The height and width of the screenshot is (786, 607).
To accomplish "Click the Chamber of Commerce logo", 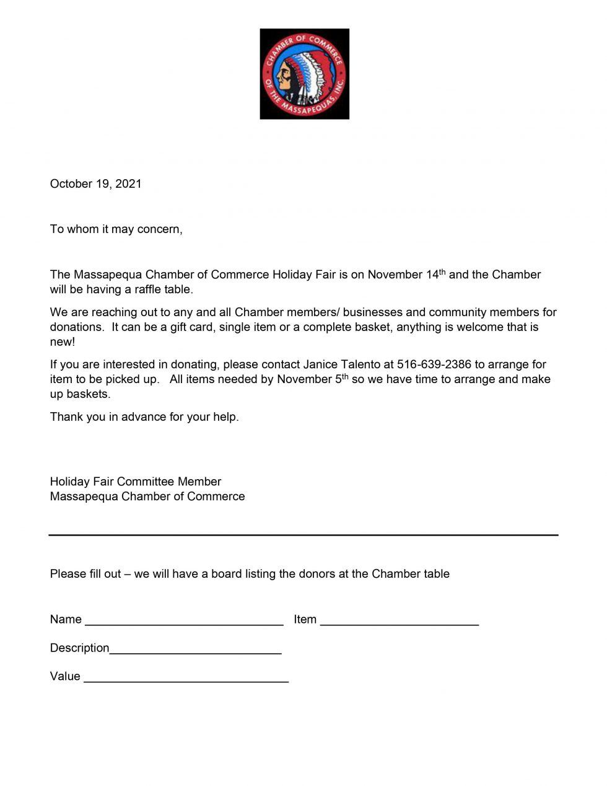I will [304, 74].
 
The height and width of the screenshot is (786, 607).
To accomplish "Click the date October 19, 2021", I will [95, 184].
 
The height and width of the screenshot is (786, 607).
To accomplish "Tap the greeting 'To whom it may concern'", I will [116, 229].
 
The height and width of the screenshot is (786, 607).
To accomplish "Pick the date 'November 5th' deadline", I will [312, 379].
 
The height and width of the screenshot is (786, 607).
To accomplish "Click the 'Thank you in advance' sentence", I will [144, 417].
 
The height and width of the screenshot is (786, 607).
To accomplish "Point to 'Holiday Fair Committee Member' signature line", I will [135, 482].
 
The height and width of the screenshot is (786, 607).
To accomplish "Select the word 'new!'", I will [62, 342].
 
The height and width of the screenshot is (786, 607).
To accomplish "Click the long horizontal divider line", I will [303, 534].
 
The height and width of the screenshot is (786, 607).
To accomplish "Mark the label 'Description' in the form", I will [79, 648].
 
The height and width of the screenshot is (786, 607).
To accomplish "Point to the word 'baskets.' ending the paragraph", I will [80, 394].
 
